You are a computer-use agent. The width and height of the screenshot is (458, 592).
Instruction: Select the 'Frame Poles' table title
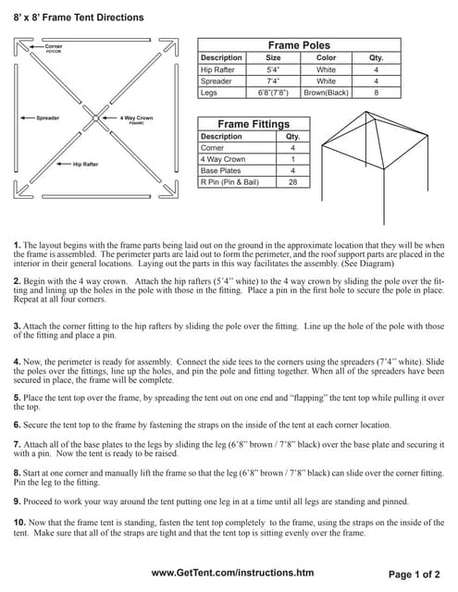pos(299,44)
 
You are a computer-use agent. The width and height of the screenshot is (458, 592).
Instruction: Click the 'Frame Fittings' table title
pos(253,124)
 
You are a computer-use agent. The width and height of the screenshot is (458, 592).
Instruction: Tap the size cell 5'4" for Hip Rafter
pos(273,69)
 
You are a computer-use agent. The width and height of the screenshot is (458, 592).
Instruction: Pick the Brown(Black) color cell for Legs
pos(326,92)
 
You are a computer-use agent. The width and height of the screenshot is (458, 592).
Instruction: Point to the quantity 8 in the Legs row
pos(376,92)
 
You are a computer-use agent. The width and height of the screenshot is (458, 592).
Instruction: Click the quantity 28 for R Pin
pos(292,182)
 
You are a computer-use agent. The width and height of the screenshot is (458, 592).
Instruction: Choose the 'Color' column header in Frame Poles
pos(326,57)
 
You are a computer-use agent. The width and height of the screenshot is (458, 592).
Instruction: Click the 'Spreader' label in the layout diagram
pos(47,118)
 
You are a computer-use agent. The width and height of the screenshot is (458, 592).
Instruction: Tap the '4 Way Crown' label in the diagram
pos(135,118)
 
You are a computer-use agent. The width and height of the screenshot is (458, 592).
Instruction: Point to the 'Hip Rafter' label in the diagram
pos(85,164)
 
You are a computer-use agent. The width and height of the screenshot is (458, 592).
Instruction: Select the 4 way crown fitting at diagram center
pos(97,118)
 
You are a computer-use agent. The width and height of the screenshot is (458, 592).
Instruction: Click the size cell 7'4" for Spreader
pos(273,81)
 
